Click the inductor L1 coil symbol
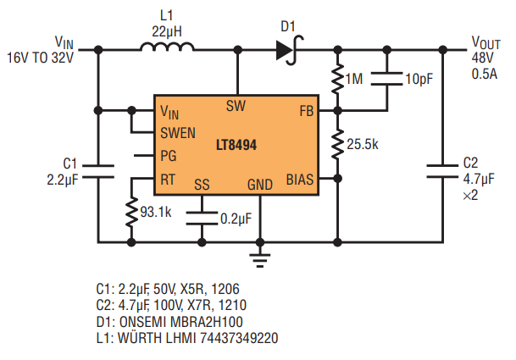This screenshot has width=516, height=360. (x=167, y=47)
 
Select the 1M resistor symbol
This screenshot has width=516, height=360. (x=337, y=79)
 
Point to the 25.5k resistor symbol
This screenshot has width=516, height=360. (x=337, y=145)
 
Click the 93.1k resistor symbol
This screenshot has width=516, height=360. (x=131, y=213)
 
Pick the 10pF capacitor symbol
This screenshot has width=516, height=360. (x=387, y=79)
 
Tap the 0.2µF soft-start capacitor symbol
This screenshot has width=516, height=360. (x=202, y=219)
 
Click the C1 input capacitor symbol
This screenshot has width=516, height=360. (x=98, y=171)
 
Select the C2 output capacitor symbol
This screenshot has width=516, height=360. (x=442, y=171)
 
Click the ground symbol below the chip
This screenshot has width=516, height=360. (x=260, y=260)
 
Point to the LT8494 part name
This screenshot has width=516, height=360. (x=236, y=145)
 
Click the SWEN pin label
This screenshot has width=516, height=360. (x=178, y=133)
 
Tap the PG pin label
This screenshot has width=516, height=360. (x=169, y=156)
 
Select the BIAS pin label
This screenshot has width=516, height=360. (x=300, y=180)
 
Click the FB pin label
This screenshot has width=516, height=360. (x=307, y=111)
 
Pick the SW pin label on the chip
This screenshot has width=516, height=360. (x=236, y=106)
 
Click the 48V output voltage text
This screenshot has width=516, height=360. (x=482, y=58)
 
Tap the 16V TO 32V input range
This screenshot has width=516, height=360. (x=40, y=58)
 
